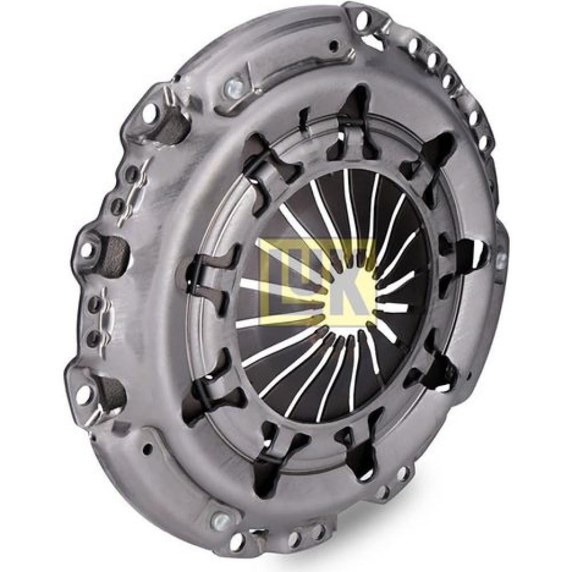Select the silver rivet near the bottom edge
pos(221,520)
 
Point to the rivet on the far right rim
pos(501,259)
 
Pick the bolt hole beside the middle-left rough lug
pos(86,249)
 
